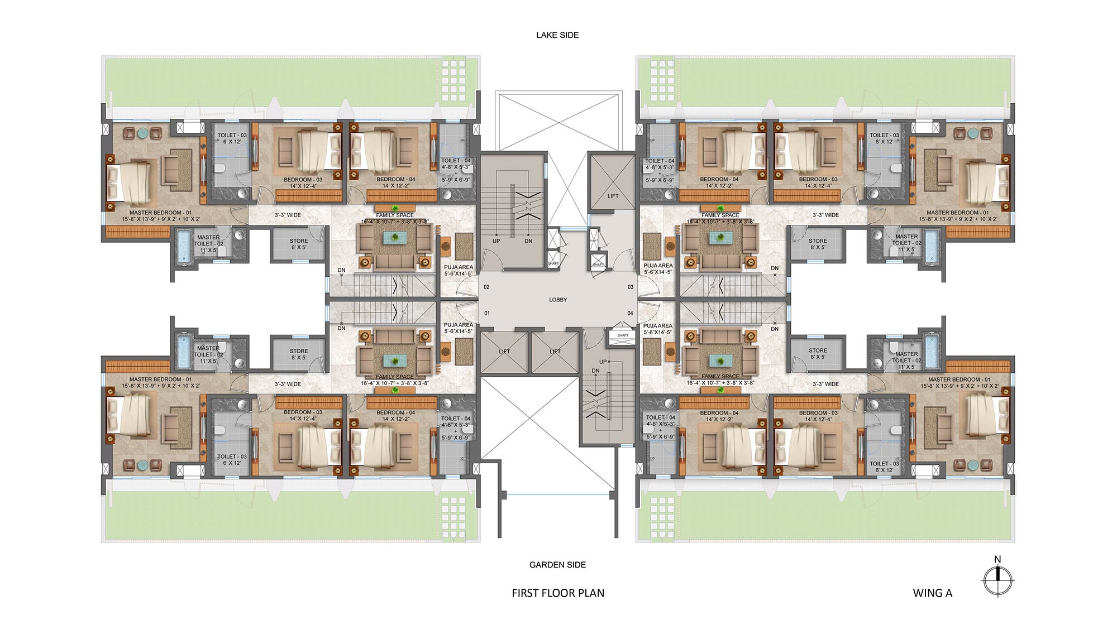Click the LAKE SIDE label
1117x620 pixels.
(557, 35)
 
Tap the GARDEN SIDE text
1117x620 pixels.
(557, 565)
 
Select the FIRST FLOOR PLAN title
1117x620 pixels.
(558, 593)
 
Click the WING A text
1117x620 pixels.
(932, 593)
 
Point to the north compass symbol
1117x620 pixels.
(997, 580)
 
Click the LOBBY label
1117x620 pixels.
(558, 300)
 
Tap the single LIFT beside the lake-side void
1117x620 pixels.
(613, 196)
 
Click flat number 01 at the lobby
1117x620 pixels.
(487, 313)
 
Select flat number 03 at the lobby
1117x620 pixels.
(631, 287)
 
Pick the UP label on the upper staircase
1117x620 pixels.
(496, 241)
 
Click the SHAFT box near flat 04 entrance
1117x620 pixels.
(623, 335)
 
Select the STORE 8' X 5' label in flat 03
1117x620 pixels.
(817, 244)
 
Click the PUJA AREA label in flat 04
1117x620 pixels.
(657, 329)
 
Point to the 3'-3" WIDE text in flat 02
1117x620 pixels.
(288, 215)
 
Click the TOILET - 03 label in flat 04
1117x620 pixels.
(884, 467)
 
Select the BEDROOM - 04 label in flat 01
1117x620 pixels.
(395, 416)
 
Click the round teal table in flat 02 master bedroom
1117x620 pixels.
(144, 133)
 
